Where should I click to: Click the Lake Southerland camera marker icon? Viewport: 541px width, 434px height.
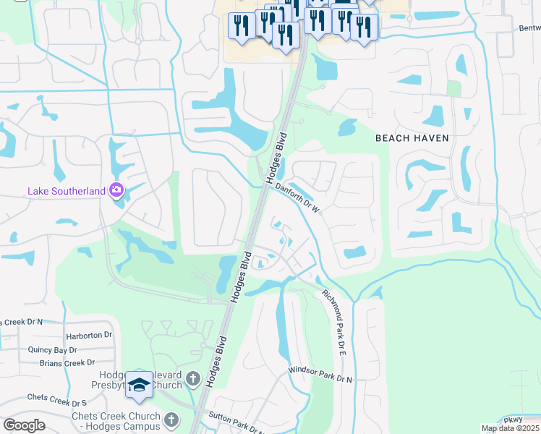116,191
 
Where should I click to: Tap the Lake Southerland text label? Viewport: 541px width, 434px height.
67,192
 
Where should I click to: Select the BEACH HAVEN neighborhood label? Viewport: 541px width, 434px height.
412,137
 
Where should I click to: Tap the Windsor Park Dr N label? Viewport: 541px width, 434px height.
320,375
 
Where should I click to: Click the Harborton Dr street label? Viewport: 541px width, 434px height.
89,336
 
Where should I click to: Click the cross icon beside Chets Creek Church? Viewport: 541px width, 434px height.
171,419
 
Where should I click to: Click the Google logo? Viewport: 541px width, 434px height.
24,425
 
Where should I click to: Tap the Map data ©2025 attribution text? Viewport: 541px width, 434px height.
510,428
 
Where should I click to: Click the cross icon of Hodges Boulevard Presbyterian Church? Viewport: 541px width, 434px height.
192,378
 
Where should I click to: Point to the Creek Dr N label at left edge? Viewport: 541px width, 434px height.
22,322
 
